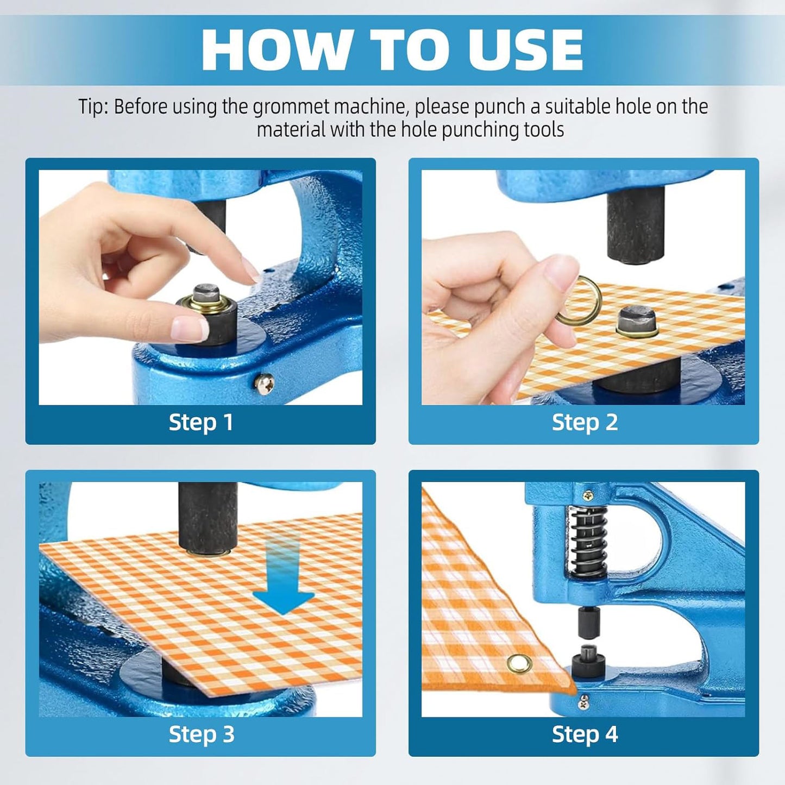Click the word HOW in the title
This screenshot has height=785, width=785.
276,50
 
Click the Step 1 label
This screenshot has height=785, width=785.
201,422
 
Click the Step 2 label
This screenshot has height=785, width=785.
585,422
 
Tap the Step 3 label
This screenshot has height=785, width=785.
201,734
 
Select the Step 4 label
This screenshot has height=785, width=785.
585,734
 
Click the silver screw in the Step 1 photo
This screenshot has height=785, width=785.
264,383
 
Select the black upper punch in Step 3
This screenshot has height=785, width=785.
208,517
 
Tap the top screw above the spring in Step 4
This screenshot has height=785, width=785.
587,494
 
